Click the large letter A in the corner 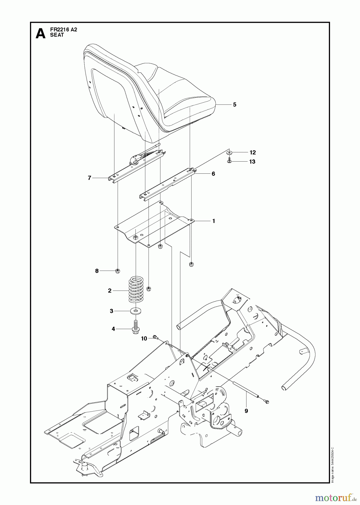pos(40,33)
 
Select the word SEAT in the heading pos(57,35)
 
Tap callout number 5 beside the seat pos(235,105)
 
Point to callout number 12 pos(253,152)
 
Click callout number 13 pos(252,162)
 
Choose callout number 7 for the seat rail pos(89,178)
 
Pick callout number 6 pos(213,174)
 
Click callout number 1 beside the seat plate pos(214,221)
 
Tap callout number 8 pos(97,271)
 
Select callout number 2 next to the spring pos(110,291)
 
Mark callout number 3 pos(111,311)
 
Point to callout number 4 pos(113,329)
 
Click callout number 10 pos(144,339)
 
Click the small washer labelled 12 pos(230,152)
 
